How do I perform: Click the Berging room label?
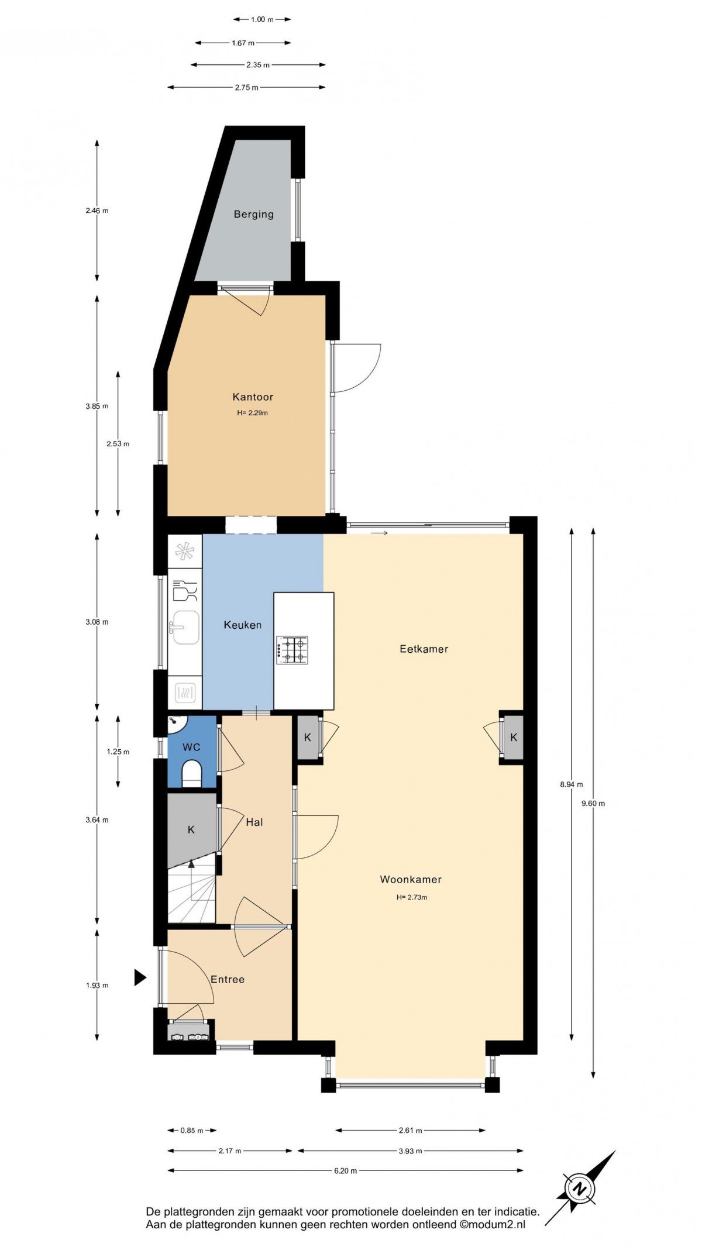pyautogui.click(x=253, y=214)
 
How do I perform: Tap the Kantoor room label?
pyautogui.click(x=253, y=397)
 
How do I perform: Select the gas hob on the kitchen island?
pyautogui.click(x=292, y=650)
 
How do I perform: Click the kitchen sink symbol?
pyautogui.click(x=184, y=628)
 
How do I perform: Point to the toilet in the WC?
pyautogui.click(x=192, y=773)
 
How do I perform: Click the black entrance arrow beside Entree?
pyautogui.click(x=140, y=977)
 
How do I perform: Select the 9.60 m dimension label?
pyautogui.click(x=593, y=804)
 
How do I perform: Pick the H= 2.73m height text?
pyautogui.click(x=412, y=897)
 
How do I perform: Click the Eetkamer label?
pyautogui.click(x=424, y=649)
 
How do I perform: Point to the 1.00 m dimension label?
pyautogui.click(x=262, y=19)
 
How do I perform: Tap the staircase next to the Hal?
pyautogui.click(x=191, y=888)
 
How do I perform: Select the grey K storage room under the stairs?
pyautogui.click(x=191, y=829)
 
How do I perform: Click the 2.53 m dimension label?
pyautogui.click(x=118, y=444)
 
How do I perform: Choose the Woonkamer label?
pyautogui.click(x=411, y=880)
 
